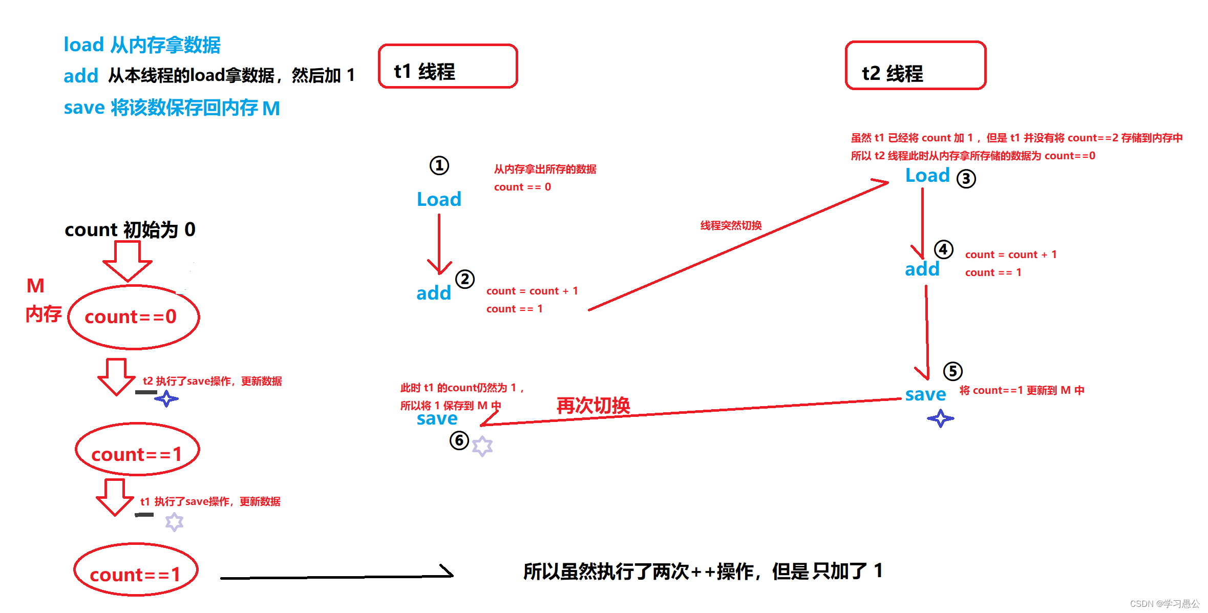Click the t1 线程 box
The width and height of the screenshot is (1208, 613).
448,67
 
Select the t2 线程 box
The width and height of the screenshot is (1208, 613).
915,66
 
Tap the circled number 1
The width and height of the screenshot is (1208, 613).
439,165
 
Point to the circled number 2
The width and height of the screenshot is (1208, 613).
465,280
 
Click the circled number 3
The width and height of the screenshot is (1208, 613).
966,179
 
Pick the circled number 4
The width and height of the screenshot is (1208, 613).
943,250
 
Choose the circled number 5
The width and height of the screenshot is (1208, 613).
952,371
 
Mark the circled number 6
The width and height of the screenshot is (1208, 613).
459,440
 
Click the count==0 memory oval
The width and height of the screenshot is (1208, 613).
133,317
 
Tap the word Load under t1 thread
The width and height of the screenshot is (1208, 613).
439,199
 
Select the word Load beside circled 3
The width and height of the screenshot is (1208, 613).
927,176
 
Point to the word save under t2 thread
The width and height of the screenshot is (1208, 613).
925,394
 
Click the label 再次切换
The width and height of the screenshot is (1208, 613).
593,406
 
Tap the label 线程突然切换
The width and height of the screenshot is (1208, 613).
731,225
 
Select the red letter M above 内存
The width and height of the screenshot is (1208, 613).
35,286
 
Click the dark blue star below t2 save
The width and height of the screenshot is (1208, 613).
940,418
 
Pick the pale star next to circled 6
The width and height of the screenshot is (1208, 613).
482,446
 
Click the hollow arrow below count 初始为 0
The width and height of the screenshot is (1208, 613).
128,261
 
